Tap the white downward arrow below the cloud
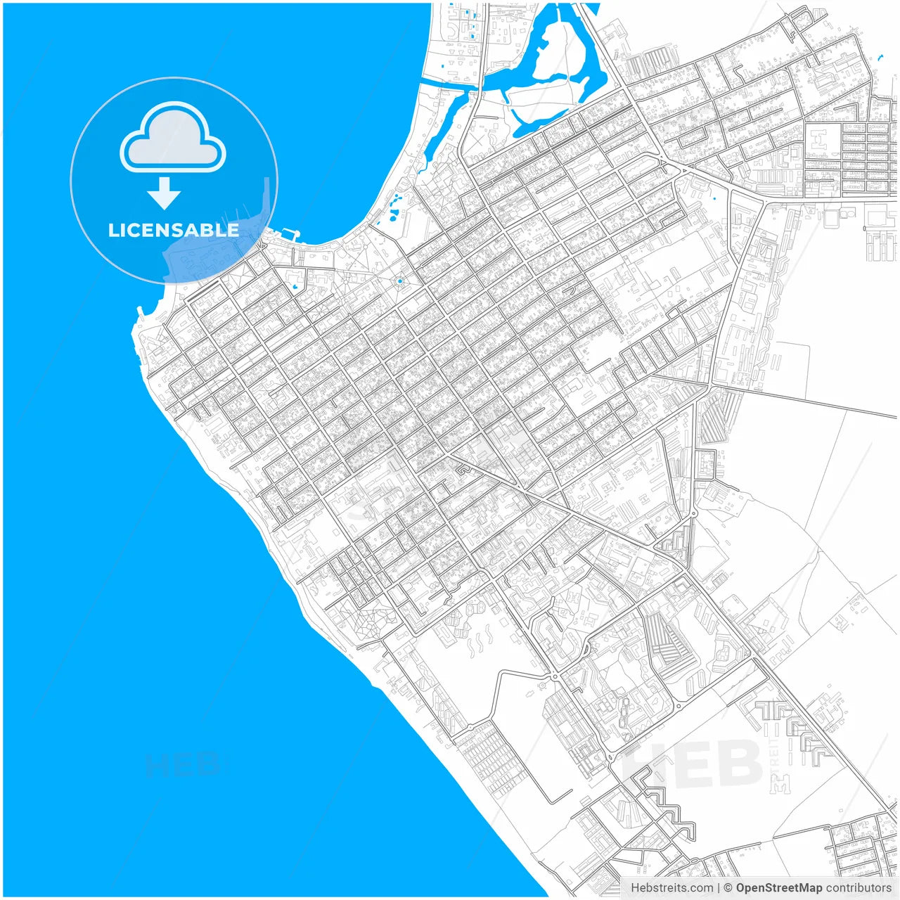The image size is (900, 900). tap(164, 193)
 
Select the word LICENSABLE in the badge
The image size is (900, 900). tap(174, 230)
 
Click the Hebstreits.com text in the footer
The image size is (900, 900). tap(671, 888)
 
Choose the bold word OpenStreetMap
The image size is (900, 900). tap(779, 888)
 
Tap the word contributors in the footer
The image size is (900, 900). tap(859, 888)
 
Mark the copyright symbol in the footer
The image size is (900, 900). tap(728, 888)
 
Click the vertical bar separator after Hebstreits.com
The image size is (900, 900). tap(719, 888)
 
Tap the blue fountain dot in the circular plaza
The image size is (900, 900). tap(399, 281)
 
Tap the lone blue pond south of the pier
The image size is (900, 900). tap(295, 287)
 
